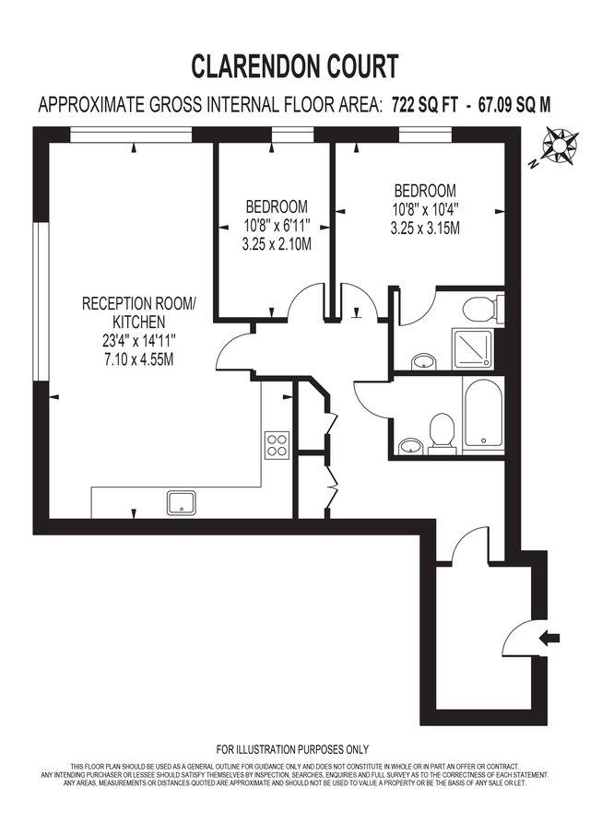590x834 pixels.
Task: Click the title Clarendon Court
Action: [295, 66]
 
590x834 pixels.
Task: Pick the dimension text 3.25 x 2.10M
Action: [276, 245]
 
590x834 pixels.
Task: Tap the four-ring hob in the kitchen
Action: [277, 445]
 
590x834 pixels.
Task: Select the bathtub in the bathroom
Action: [482, 417]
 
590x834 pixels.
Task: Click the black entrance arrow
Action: [549, 636]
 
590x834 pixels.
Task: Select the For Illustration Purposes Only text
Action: [292, 749]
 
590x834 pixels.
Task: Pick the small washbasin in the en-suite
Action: [423, 360]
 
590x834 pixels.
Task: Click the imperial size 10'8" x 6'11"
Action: [276, 225]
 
